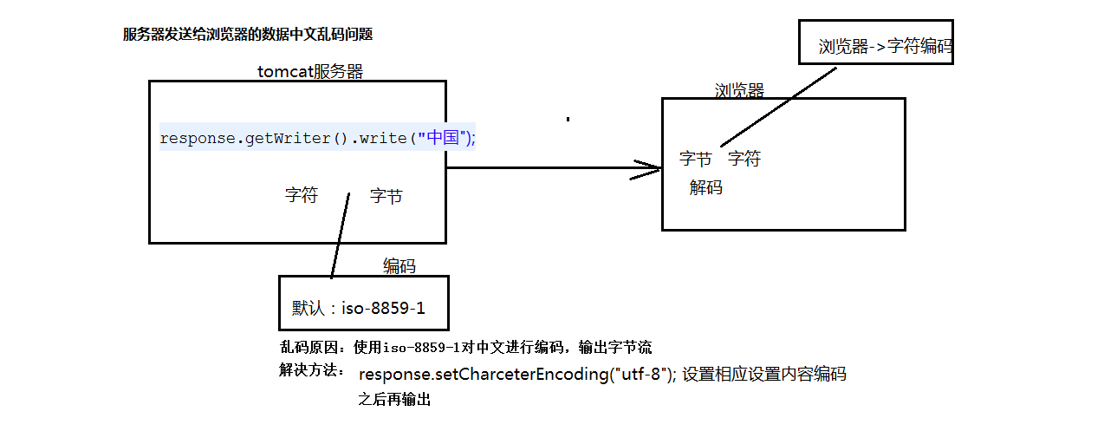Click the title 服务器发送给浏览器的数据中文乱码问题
click(x=248, y=35)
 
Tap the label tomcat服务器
click(x=310, y=71)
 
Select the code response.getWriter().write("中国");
click(x=317, y=137)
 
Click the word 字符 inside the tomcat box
click(x=302, y=196)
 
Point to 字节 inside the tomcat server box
click(x=386, y=197)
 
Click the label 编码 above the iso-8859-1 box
click(x=399, y=266)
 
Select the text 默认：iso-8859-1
click(x=359, y=308)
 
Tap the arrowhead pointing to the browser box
click(x=649, y=169)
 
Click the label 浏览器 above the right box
click(x=739, y=91)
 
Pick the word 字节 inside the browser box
click(x=696, y=159)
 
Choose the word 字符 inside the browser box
click(x=744, y=159)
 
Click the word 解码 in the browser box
click(x=706, y=187)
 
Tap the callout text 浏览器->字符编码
click(x=885, y=47)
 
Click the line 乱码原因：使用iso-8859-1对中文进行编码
click(x=465, y=348)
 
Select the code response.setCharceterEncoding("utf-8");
click(x=517, y=375)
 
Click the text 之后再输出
click(x=394, y=400)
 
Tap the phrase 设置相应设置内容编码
click(x=763, y=375)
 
